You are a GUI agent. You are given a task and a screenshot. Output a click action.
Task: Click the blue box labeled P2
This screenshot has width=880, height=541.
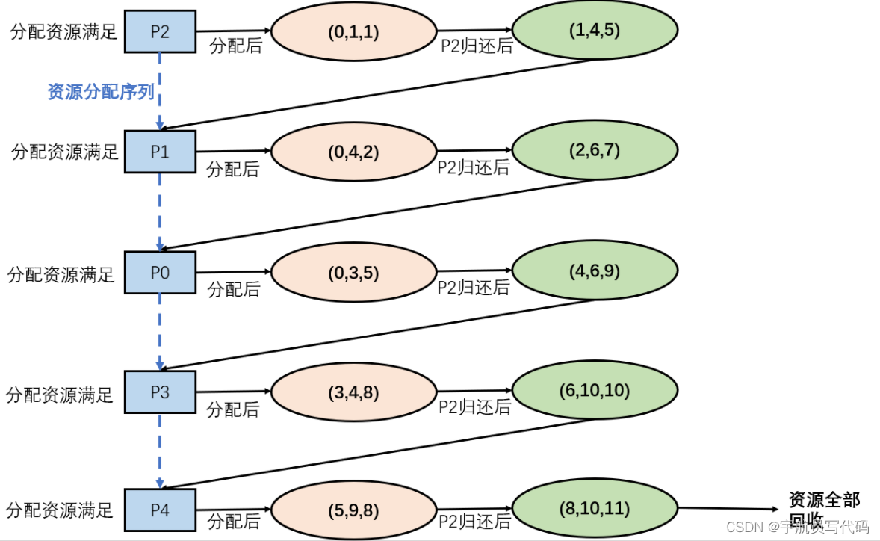(x=160, y=31)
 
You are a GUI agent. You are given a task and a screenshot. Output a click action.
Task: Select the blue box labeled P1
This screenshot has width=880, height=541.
(x=160, y=152)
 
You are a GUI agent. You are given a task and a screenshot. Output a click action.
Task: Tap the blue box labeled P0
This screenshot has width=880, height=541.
(x=160, y=273)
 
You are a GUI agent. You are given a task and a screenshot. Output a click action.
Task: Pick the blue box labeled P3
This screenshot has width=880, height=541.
(x=160, y=392)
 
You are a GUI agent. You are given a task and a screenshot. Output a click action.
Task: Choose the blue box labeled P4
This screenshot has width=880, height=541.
(x=160, y=510)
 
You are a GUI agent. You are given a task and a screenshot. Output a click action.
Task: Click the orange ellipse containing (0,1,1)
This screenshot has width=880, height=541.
(x=353, y=32)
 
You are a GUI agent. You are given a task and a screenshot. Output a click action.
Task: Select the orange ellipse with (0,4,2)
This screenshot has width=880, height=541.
(x=353, y=152)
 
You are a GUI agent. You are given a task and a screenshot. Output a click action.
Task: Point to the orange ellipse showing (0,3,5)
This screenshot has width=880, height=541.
(x=353, y=273)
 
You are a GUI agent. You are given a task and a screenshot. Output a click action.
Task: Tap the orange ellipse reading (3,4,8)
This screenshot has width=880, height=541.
(x=353, y=392)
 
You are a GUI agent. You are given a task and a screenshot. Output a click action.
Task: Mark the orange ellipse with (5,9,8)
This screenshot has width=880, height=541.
(x=353, y=511)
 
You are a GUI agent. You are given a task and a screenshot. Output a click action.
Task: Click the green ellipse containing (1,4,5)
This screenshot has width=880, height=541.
(x=594, y=30)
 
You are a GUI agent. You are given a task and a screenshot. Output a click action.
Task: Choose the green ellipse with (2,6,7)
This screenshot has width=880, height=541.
(x=594, y=149)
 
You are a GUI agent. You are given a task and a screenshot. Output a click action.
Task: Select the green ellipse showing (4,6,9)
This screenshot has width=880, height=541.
(x=594, y=270)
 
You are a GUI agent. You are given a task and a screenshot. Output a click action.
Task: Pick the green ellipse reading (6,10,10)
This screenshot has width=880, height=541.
(x=594, y=390)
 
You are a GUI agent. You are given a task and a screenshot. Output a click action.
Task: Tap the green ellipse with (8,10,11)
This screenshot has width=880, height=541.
(x=594, y=509)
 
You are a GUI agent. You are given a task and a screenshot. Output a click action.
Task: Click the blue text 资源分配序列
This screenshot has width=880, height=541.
(x=101, y=92)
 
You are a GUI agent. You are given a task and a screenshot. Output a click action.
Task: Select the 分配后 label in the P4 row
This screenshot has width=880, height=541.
(x=233, y=520)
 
